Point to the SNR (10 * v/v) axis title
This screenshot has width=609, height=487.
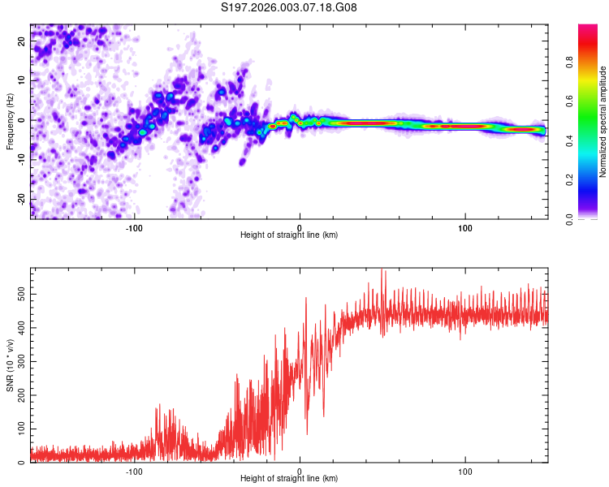pos(9,366)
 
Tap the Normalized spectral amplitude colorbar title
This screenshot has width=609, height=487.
pos(603,122)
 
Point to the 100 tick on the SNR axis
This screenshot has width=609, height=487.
pos(19,427)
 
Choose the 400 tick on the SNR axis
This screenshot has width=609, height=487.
pos(19,326)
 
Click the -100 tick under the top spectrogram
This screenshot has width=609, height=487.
pos(134,226)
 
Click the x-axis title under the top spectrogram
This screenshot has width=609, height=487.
pos(289,235)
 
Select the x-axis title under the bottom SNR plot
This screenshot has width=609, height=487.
pos(289,479)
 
